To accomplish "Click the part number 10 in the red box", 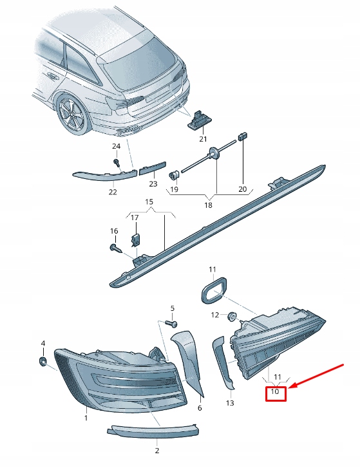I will coord(275,391).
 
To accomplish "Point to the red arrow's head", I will coord(290,387).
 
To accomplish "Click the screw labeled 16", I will coord(116,247).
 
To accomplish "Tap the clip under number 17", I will coord(135,240).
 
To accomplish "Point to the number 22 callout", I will coord(112,192).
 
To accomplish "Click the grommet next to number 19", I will coord(174,174).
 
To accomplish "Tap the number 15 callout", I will coord(149,202).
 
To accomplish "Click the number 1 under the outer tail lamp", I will coord(86,418).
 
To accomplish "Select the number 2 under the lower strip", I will coord(156,451).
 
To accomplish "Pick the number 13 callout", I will coord(230,403).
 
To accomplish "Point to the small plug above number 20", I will coord(243,136).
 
